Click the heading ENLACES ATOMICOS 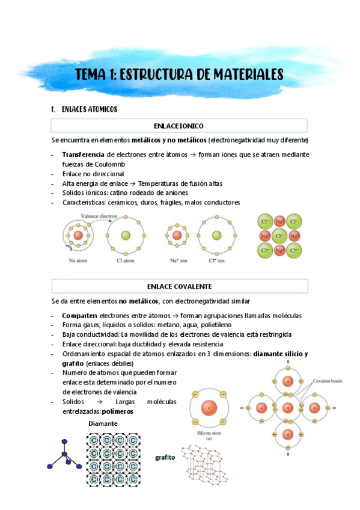[x=89, y=109]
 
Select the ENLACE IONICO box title [x=178, y=126]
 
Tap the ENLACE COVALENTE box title [x=178, y=286]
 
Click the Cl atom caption [x=126, y=261]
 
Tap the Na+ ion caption [x=177, y=261]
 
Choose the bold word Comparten [x=79, y=316]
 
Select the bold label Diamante [x=103, y=423]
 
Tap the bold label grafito [x=165, y=458]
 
